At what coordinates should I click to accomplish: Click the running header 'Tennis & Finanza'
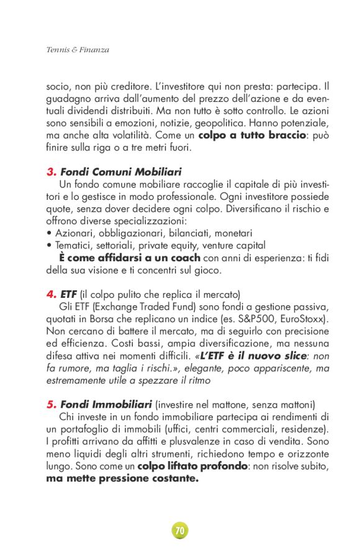coord(78,50)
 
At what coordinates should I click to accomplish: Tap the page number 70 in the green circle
coord(180,531)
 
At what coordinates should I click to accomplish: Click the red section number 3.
coord(51,171)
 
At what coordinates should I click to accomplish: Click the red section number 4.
coord(51,294)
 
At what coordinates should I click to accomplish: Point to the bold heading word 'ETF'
coord(69,294)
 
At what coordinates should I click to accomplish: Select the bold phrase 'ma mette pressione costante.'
coord(122,479)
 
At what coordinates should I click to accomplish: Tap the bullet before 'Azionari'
coord(49,233)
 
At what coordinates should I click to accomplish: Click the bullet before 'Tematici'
coord(49,245)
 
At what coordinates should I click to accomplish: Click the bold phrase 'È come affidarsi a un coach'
coord(129,258)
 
